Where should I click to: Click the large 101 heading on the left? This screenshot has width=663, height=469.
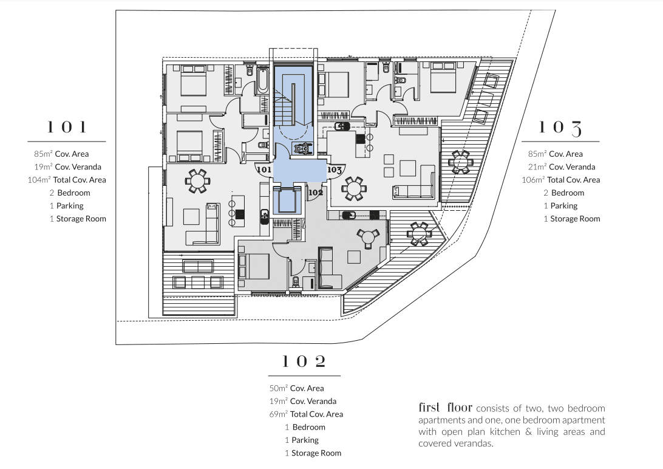coord(67,127)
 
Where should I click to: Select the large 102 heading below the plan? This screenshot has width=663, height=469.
coord(304,362)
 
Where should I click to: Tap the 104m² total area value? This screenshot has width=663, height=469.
coord(40,180)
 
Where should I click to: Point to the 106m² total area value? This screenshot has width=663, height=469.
coord(534,180)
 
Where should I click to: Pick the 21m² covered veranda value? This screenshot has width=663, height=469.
coord(537,167)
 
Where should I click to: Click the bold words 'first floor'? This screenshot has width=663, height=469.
coord(445,407)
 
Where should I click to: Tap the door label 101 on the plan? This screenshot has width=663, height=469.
coord(263,171)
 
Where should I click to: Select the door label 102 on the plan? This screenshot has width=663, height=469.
coord(315,193)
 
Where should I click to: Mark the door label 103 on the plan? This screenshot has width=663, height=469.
coord(335,171)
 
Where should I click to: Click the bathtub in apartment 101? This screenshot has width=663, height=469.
coord(263,82)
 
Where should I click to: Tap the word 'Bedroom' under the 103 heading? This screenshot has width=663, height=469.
coord(567,193)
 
